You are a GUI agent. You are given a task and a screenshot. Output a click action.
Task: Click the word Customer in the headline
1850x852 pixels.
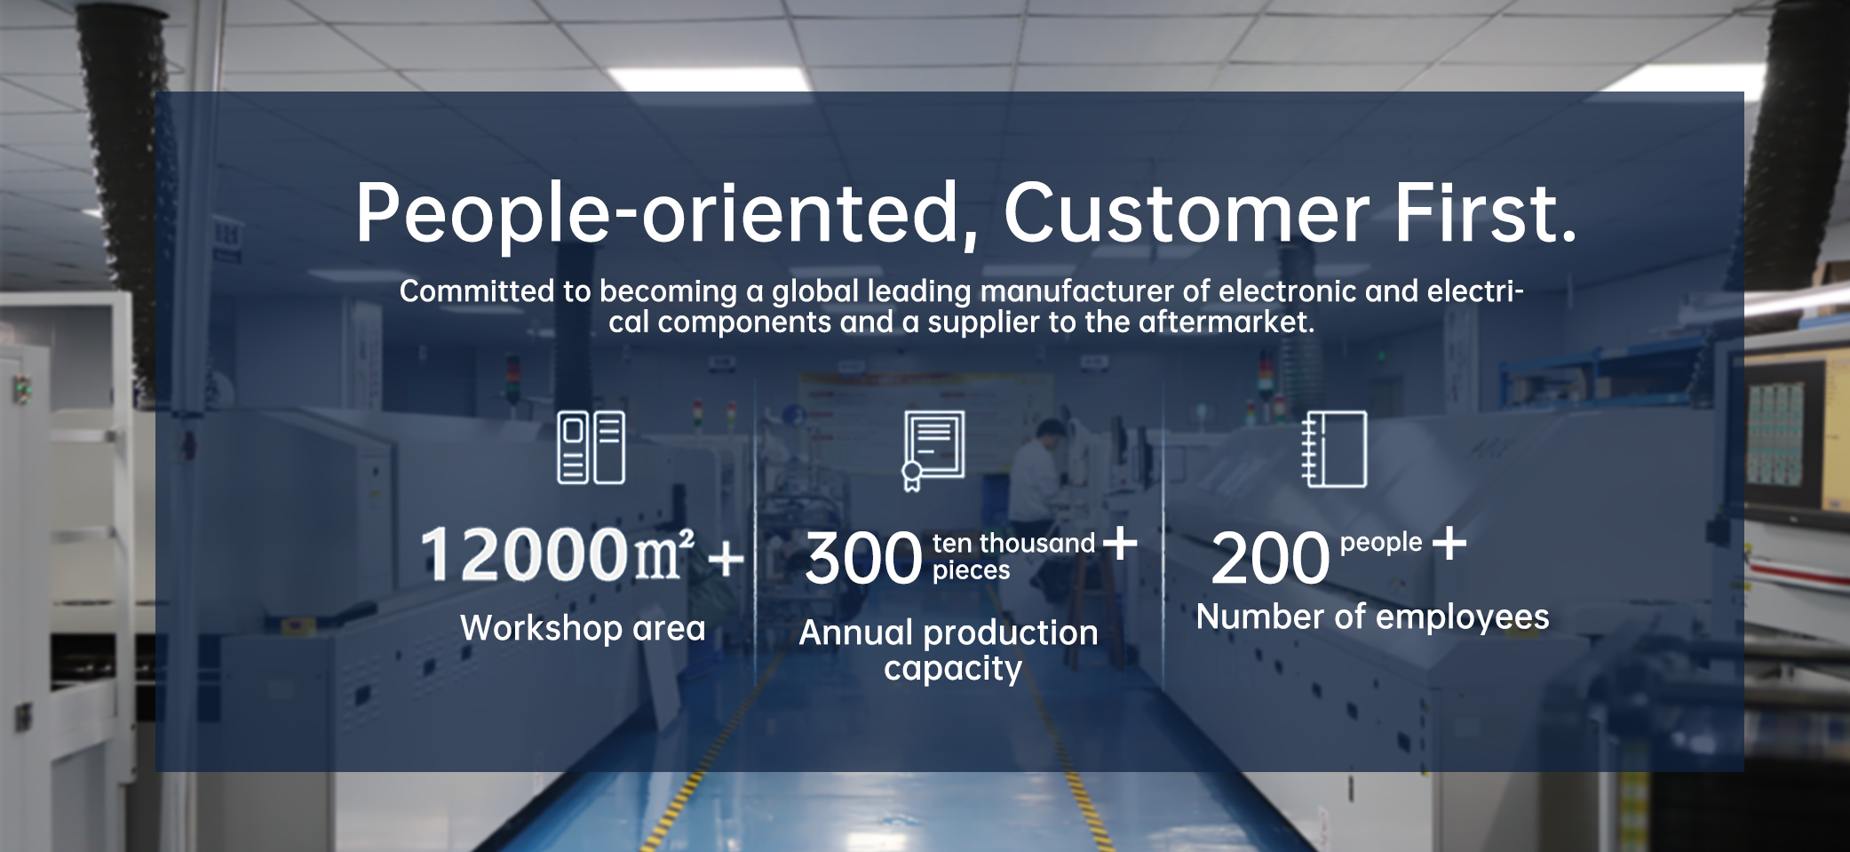point(1187,213)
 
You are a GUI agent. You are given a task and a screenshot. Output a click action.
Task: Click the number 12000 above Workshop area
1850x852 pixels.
point(525,554)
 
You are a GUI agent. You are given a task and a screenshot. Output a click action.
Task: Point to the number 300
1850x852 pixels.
point(863,559)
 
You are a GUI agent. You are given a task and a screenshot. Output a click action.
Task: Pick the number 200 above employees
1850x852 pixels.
point(1270,559)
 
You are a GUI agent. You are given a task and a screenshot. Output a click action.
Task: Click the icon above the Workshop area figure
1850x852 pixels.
point(591,447)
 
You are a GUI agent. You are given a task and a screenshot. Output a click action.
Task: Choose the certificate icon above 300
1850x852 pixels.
point(933,450)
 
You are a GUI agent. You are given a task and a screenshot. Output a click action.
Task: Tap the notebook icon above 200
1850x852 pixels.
point(1334,449)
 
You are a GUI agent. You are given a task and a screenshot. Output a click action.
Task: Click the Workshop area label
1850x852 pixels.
point(583,628)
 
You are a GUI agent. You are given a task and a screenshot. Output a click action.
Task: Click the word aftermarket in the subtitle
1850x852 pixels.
point(1227,322)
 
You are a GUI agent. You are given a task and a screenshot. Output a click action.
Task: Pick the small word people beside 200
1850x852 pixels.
point(1381,543)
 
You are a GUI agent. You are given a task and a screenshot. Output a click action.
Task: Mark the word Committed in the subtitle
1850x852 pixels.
point(477,291)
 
